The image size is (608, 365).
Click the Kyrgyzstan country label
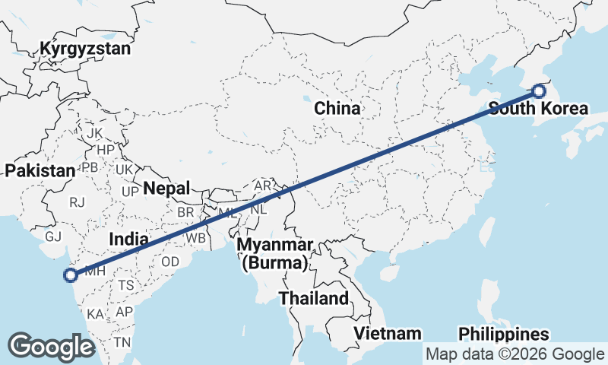(86, 49)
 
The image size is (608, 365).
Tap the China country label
(337, 109)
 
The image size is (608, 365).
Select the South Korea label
(537, 108)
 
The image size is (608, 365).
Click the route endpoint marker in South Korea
(539, 91)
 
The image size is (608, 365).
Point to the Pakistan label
(39, 170)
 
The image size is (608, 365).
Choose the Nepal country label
(166, 188)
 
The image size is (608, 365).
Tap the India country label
(128, 239)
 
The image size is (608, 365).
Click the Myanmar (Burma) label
(275, 255)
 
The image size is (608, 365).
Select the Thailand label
(313, 298)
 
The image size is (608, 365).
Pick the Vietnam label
(388, 333)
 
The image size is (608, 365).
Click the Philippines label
(503, 334)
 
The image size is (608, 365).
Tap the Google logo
(52, 346)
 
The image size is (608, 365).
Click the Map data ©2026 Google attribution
(515, 354)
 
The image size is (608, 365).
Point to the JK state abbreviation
(94, 133)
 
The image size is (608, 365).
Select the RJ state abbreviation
(77, 202)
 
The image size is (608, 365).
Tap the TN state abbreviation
(122, 342)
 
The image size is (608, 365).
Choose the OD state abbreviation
(169, 261)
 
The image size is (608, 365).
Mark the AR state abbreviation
(263, 186)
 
